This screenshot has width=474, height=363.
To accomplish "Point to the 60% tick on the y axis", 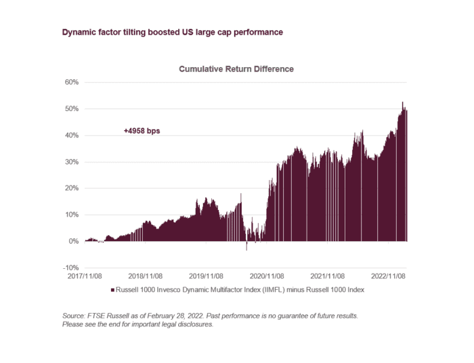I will coord(71,82).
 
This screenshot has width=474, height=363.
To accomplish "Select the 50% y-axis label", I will coord(71,108).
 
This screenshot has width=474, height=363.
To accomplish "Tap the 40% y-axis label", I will coord(71,135).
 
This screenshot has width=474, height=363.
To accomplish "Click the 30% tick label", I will coord(71,162).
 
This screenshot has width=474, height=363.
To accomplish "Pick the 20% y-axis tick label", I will coord(71,188).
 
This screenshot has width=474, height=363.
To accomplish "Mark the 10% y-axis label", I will coord(71,215).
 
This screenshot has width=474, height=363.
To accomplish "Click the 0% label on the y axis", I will coord(73,241).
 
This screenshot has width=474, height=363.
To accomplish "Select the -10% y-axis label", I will coord(70,268).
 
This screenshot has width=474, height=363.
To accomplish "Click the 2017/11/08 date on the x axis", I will coord(84,276).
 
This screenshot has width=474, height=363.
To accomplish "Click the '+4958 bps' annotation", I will coord(142,130).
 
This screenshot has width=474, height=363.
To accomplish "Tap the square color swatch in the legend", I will coord(111,290).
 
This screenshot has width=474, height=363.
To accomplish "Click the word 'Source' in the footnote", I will coord(72,316).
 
